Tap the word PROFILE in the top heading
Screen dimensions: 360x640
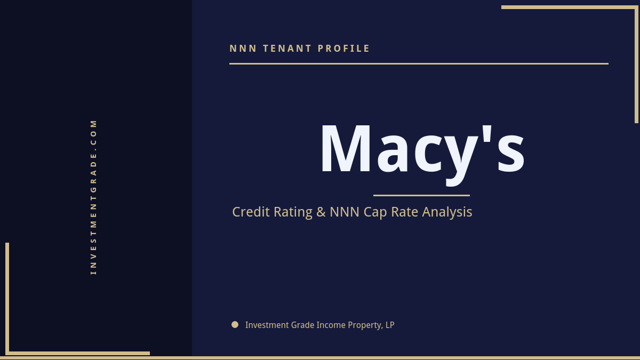coord(344,49)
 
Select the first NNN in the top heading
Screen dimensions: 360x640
coord(243,49)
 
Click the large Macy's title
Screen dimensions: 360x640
coord(422,149)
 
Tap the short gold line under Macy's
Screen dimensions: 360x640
coord(421,195)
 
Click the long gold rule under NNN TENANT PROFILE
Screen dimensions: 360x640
coord(419,63)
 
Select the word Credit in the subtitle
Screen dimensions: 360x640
coord(251,212)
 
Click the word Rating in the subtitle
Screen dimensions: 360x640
coord(293,212)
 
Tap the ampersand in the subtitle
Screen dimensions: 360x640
coord(321,212)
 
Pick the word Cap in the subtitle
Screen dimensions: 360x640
coord(375,212)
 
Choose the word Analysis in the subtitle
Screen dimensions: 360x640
coord(447,212)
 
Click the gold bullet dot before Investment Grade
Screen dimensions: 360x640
coord(235,324)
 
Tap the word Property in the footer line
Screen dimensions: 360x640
coord(365,325)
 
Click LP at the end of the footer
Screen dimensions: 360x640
coord(389,325)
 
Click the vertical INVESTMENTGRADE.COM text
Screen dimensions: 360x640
coord(93,197)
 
